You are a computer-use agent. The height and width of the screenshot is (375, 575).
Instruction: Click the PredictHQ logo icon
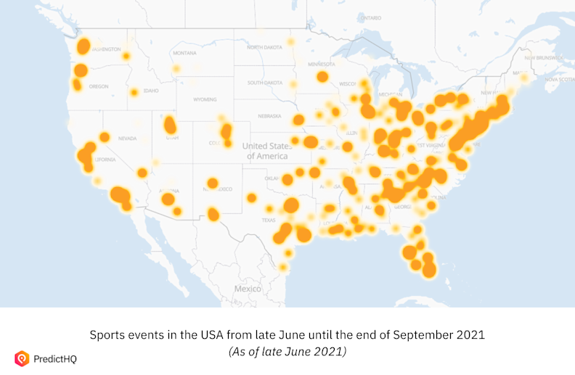coord(21,358)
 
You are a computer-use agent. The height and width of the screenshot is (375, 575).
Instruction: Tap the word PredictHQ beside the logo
coord(57,358)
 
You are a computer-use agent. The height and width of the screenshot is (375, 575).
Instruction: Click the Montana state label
coord(184,53)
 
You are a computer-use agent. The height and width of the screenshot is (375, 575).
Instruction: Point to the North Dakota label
coord(264,47)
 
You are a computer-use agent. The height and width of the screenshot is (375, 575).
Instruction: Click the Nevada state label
coord(127,138)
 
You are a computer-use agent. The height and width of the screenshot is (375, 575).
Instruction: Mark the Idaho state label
coord(151,91)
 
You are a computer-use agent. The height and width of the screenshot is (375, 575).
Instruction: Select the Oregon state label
coord(98,86)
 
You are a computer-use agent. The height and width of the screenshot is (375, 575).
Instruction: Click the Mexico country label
coord(248,289)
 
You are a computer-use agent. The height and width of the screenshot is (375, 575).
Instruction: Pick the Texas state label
coord(269,220)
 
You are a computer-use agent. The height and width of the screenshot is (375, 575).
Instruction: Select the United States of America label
coord(266,151)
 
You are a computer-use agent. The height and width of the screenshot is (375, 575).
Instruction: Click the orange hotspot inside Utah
coord(170,125)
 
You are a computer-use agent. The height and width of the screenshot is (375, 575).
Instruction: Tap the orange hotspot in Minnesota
coord(322,76)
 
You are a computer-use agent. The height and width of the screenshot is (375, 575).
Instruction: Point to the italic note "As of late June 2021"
coord(287,351)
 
